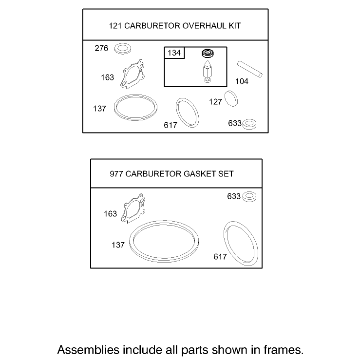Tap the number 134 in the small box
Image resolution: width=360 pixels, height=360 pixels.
(x=174, y=53)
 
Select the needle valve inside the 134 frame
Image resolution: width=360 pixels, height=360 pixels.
(x=208, y=71)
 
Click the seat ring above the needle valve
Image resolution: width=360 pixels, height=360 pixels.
(x=208, y=53)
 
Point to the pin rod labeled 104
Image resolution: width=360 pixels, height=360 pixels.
(x=250, y=69)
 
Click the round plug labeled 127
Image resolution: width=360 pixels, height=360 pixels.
(x=231, y=99)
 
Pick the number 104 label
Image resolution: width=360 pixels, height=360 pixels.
(x=242, y=81)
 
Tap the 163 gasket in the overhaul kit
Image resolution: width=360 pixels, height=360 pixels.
(x=133, y=74)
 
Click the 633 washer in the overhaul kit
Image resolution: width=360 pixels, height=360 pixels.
(x=249, y=124)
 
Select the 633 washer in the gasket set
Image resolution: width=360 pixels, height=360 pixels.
(x=249, y=197)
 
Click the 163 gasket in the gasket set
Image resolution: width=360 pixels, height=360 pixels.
(x=133, y=208)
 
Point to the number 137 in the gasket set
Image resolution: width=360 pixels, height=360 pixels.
(x=118, y=245)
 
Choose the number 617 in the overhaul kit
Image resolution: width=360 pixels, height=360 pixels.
(x=171, y=125)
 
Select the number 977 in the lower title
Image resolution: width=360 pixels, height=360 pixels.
(x=116, y=174)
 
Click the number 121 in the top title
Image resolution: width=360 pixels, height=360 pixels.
(x=115, y=26)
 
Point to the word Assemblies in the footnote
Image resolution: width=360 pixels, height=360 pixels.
(x=88, y=350)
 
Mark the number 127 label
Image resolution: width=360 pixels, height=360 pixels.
(x=215, y=102)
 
